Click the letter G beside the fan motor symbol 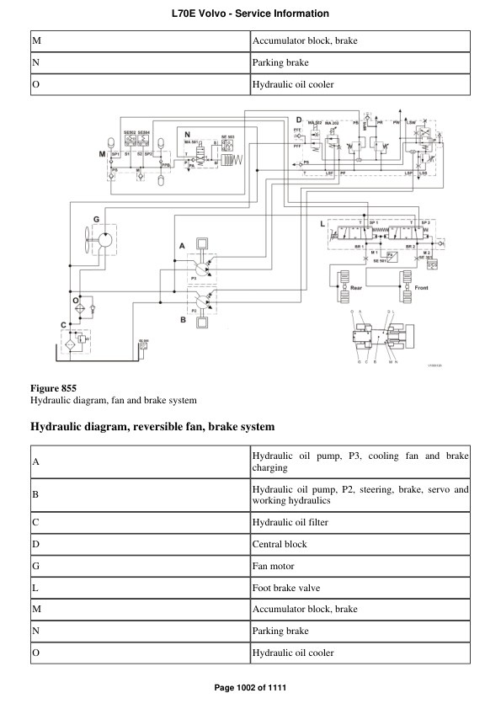pyautogui.click(x=96, y=219)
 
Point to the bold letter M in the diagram pyautogui.click(x=102, y=155)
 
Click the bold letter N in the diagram pyautogui.click(x=187, y=135)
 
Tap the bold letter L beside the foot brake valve pyautogui.click(x=322, y=224)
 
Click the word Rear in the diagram pyautogui.click(x=357, y=287)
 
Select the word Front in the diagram pyautogui.click(x=423, y=287)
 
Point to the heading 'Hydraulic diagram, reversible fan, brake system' pyautogui.click(x=152, y=427)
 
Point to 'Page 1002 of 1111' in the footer pyautogui.click(x=250, y=688)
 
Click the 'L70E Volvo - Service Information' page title pyautogui.click(x=250, y=14)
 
